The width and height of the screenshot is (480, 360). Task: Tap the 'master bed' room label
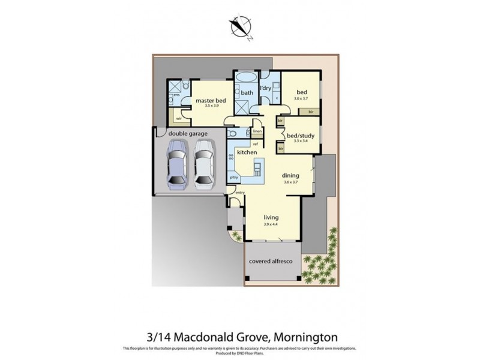(x=210, y=100)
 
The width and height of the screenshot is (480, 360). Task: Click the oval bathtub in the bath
(x=246, y=79)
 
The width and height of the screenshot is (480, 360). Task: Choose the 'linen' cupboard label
(x=257, y=131)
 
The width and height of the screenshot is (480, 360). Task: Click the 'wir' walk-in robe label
(x=179, y=119)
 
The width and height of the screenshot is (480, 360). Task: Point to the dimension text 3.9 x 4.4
(x=272, y=224)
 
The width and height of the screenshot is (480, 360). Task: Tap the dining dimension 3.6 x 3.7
(x=290, y=182)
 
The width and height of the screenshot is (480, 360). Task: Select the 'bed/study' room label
(x=298, y=136)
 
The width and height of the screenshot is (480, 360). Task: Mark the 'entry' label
(x=241, y=193)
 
